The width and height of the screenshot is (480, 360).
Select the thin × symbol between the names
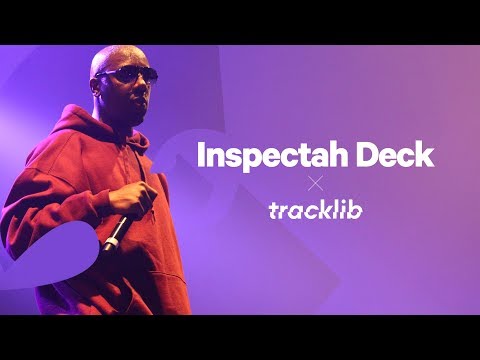(x=316, y=183)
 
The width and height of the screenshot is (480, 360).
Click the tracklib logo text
(x=315, y=211)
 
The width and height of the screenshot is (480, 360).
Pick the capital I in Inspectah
(x=201, y=155)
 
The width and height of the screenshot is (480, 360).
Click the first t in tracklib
(x=273, y=211)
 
